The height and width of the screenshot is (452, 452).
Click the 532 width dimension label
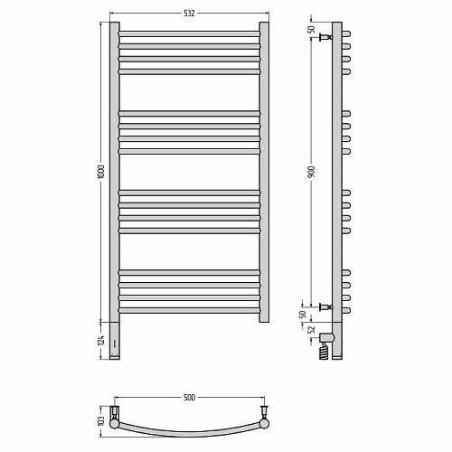pos(189,13)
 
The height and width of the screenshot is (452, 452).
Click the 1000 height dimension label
pos(101,172)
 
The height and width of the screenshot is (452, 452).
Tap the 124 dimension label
pos(101,340)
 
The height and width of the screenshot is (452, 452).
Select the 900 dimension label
pos(312,171)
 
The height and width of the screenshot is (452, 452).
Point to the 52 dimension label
pos(312,330)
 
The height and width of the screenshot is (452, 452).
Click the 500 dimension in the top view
pos(189,398)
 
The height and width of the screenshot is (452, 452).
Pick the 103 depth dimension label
pos(101,421)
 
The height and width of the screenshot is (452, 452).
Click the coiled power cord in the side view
pos(324,351)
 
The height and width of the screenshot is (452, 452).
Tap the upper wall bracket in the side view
pos(326,37)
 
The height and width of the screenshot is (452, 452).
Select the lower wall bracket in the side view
pos(326,307)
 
